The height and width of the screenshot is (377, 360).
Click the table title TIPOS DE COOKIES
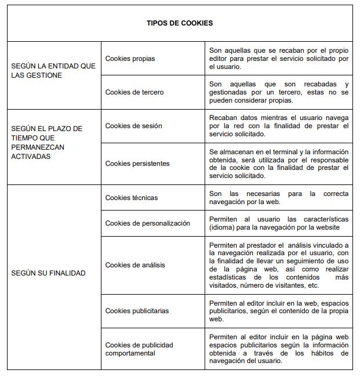click(179, 24)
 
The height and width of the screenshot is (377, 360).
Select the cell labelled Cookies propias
click(130, 59)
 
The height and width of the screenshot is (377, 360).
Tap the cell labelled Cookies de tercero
click(134, 92)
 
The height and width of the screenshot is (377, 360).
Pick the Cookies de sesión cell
click(133, 126)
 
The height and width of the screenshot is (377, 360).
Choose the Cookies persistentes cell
click(137, 164)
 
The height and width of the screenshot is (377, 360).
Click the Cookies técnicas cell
click(131, 198)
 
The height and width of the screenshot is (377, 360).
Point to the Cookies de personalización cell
click(147, 223)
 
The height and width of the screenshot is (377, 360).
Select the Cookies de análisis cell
click(135, 265)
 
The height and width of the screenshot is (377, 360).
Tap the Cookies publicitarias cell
click(137, 311)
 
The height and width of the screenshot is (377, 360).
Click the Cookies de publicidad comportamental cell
click(139, 349)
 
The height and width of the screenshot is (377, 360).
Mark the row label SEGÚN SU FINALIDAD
click(48, 273)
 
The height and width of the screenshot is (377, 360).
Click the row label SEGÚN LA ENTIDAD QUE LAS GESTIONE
click(53, 71)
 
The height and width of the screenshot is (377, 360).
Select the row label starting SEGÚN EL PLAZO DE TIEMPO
click(46, 143)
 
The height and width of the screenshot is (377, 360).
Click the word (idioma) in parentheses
click(223, 227)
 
